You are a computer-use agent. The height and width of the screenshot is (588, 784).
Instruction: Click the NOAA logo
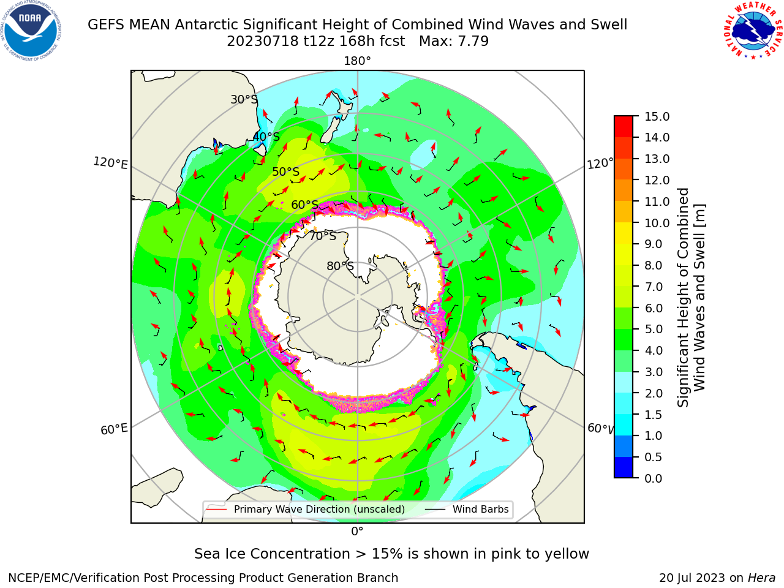[x=31, y=31]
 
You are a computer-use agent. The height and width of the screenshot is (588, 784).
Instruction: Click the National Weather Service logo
[x=753, y=31]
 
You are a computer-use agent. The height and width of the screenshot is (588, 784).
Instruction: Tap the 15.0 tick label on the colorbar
[x=657, y=116]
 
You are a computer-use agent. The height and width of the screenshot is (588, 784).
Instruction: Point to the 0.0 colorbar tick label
[x=654, y=478]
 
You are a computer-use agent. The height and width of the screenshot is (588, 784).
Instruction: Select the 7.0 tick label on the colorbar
[x=654, y=287]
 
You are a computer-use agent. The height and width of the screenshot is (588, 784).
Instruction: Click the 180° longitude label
[x=357, y=61]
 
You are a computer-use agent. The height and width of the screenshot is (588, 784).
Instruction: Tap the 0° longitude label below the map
[x=357, y=532]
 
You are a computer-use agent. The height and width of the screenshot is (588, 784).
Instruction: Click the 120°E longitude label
[x=110, y=163]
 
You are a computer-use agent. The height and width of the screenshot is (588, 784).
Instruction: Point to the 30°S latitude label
[x=244, y=99]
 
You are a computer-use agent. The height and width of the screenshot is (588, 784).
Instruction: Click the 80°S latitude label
[x=340, y=266]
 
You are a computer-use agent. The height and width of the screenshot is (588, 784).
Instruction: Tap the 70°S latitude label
[x=323, y=236]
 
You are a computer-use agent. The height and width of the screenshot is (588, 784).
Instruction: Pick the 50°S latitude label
[x=286, y=171]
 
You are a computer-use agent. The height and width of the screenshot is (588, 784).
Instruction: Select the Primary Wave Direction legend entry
[x=306, y=509]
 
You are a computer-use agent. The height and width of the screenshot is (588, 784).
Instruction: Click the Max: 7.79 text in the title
[x=454, y=41]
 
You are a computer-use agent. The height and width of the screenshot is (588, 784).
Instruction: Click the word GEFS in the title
[x=106, y=24]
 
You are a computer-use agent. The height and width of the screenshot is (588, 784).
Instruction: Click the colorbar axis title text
[x=691, y=298]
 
